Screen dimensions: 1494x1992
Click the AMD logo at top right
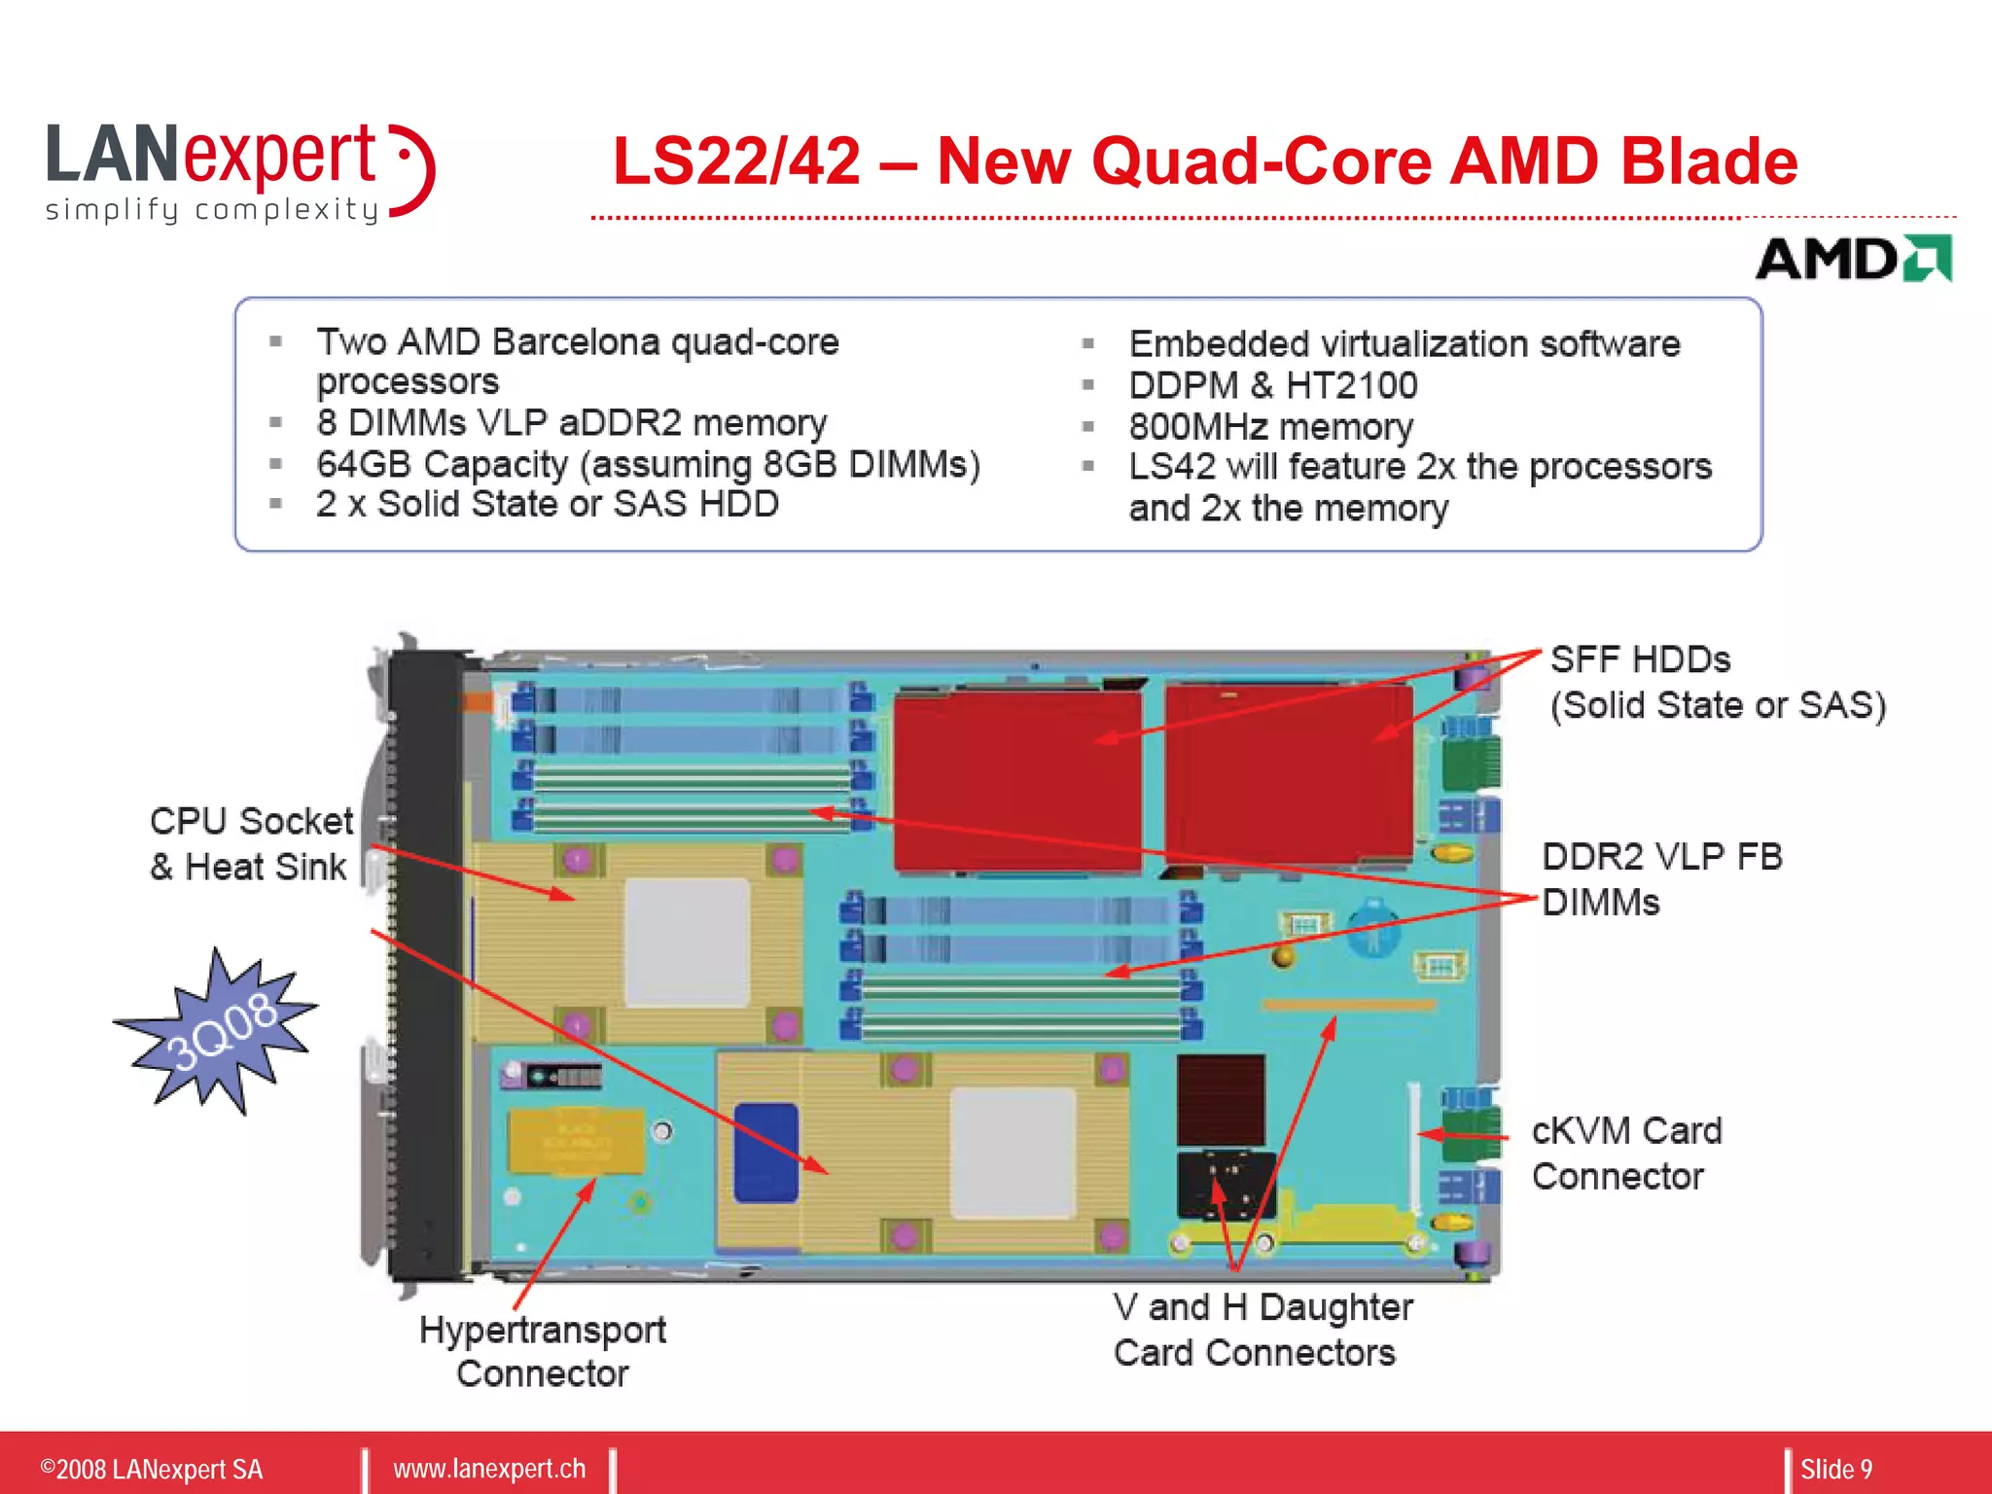[x=1853, y=259]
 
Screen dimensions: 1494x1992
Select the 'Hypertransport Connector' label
[x=542, y=1351]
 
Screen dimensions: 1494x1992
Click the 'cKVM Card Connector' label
[x=1626, y=1154]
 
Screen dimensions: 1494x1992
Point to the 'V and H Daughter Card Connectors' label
[x=1262, y=1330]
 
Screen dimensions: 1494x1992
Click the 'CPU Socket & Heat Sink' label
[x=251, y=843]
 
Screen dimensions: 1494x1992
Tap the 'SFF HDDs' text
[x=1640, y=660]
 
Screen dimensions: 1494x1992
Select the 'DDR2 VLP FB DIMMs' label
[x=1661, y=879]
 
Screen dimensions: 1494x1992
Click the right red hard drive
[x=1289, y=773]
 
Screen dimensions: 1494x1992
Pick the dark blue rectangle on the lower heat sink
[x=765, y=1153]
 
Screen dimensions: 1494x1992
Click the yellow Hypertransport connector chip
[x=576, y=1140]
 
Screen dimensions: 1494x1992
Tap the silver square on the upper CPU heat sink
[x=687, y=942]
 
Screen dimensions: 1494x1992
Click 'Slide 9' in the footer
[x=1835, y=1469]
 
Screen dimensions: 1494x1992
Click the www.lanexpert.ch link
[x=489, y=1469]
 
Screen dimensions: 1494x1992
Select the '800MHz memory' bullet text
[x=1270, y=427]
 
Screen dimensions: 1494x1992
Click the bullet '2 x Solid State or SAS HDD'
[x=547, y=504]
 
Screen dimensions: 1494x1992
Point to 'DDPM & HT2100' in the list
[x=1272, y=386]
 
